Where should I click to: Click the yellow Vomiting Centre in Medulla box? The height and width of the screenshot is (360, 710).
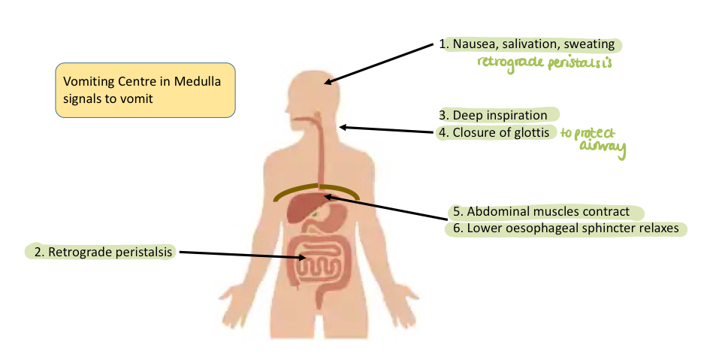(x=145, y=89)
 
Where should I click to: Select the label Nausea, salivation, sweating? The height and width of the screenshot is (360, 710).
(x=532, y=44)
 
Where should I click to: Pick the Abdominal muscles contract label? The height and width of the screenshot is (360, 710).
(x=548, y=212)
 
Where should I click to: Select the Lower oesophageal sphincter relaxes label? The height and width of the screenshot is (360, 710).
(x=569, y=228)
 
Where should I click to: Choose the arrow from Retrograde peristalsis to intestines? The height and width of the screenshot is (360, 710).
(x=240, y=255)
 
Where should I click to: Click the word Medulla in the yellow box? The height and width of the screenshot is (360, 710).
(x=196, y=82)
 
